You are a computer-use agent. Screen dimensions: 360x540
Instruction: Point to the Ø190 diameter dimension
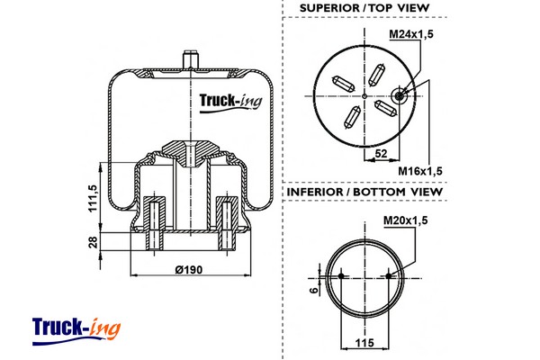189,270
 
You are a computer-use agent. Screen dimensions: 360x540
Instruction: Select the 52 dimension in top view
382,155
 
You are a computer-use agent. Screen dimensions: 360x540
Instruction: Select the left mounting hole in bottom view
342,275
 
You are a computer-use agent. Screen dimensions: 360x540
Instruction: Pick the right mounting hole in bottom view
389,275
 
